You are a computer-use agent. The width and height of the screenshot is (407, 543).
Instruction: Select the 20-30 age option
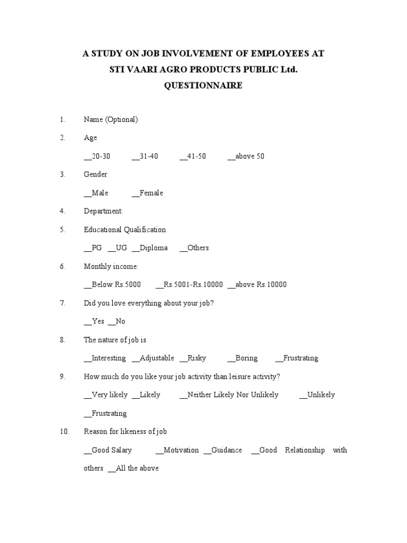click(x=98, y=156)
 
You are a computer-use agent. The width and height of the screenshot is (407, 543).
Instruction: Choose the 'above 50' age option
click(x=246, y=156)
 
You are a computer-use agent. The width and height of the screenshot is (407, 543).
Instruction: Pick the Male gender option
click(x=96, y=193)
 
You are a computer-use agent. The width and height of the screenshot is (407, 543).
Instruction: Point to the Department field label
click(x=103, y=211)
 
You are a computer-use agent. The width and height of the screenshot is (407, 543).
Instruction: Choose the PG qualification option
click(x=93, y=248)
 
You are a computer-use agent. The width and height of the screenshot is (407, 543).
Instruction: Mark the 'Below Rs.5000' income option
click(x=112, y=284)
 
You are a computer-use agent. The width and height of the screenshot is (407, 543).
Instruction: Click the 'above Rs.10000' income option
click(x=257, y=284)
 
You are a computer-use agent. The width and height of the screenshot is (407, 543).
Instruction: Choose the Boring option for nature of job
click(x=243, y=358)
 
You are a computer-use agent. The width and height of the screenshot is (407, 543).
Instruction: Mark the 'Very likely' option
click(x=106, y=395)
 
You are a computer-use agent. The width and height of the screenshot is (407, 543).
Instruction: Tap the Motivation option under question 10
click(x=178, y=450)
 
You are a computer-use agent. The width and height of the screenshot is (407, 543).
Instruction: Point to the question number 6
click(x=62, y=266)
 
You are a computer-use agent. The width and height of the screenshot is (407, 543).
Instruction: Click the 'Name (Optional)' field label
click(x=111, y=120)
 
